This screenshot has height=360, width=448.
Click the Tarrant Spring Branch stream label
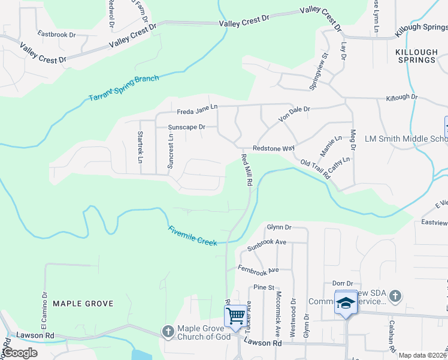point(124,88)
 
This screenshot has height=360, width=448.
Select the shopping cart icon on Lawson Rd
point(236,315)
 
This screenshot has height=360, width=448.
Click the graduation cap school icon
point(346,303)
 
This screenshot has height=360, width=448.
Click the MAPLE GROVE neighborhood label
point(83,304)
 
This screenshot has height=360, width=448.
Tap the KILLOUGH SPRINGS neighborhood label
point(416,56)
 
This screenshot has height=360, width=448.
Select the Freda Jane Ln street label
point(197,110)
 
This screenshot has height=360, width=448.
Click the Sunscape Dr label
point(186,127)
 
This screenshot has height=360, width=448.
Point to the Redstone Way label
point(274,148)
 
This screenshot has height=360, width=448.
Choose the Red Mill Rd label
point(246,170)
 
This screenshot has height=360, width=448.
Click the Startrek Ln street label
point(140,147)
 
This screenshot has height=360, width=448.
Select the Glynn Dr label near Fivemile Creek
point(279,227)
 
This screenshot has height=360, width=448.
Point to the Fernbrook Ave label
point(258,269)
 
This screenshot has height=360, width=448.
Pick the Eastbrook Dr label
point(56,34)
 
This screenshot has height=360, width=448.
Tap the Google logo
point(20,353)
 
